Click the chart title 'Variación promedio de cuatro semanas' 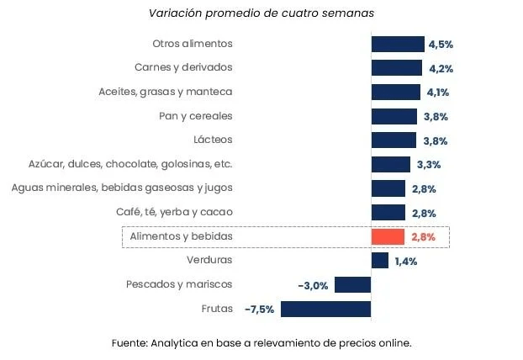[261, 13]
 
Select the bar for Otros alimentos [398, 45]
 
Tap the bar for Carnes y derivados [397, 68]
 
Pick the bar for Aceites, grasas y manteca [396, 92]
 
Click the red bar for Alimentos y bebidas [388, 237]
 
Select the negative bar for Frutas [325, 309]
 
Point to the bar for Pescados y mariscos [352, 284]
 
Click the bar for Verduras [380, 261]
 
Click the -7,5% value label [259, 309]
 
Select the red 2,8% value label [423, 237]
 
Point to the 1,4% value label [405, 261]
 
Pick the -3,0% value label [313, 285]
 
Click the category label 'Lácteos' [213, 140]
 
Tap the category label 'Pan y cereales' [195, 115]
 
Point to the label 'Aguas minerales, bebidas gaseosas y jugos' [122, 188]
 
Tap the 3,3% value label [428, 164]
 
